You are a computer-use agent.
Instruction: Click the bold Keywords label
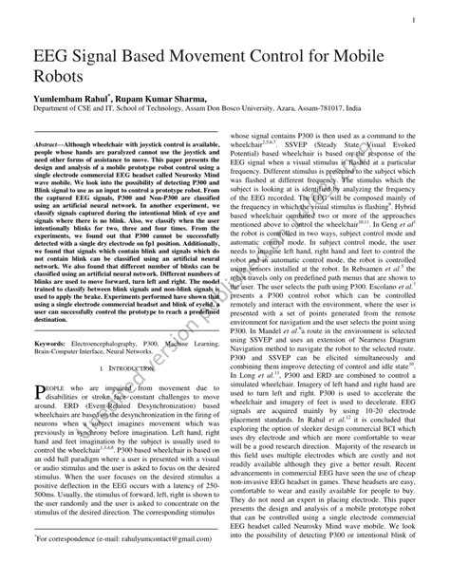click(x=56, y=341)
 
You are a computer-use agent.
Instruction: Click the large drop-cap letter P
click(x=41, y=391)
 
